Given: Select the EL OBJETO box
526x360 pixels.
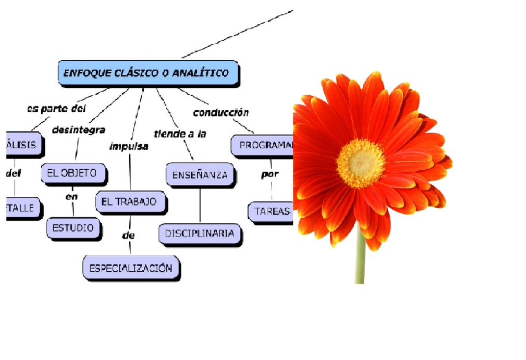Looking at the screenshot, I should (x=74, y=173).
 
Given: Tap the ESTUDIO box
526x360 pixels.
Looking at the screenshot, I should (x=73, y=228).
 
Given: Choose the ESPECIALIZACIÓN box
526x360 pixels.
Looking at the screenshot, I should (x=131, y=268).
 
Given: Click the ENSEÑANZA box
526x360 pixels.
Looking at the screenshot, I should (x=199, y=175).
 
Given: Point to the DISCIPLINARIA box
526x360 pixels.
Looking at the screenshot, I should (x=199, y=233).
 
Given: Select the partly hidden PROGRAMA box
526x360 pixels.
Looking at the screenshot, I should (x=263, y=146).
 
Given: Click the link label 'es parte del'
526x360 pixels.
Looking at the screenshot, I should (x=56, y=108).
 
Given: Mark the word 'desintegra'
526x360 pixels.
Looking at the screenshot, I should (x=79, y=130).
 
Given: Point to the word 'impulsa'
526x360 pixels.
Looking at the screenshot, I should (x=129, y=146).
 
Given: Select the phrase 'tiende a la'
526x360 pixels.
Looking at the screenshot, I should (x=180, y=133).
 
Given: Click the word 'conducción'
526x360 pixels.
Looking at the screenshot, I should (x=221, y=112).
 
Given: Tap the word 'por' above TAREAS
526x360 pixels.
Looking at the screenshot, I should (x=270, y=174).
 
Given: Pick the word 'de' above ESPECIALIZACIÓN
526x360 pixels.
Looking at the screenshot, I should (x=128, y=235).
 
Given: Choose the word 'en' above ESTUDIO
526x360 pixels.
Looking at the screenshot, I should (x=72, y=196).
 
